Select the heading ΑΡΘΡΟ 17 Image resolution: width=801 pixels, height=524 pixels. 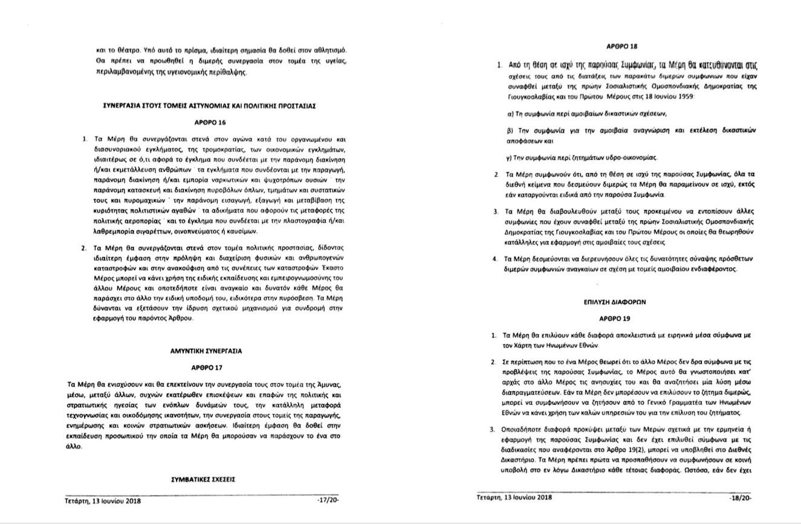click(207, 367)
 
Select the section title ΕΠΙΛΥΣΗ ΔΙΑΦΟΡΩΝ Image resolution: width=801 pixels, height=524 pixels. click(614, 302)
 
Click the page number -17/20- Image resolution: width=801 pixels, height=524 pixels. click(326, 499)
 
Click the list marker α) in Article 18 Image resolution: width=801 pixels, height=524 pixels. click(510, 114)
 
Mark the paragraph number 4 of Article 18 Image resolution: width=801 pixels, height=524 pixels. click(495, 259)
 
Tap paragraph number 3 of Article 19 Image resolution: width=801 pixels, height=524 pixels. click(492, 429)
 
